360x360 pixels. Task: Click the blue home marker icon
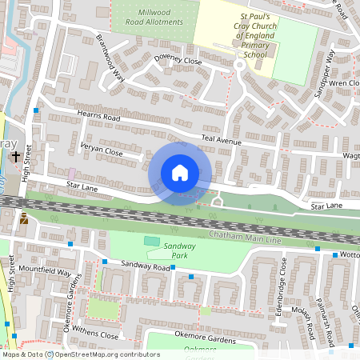[180, 173]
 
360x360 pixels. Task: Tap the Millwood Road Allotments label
[156, 18]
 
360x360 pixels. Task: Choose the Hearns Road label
[98, 118]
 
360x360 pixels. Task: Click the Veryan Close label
[102, 149]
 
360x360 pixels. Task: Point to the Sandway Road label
[145, 265]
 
